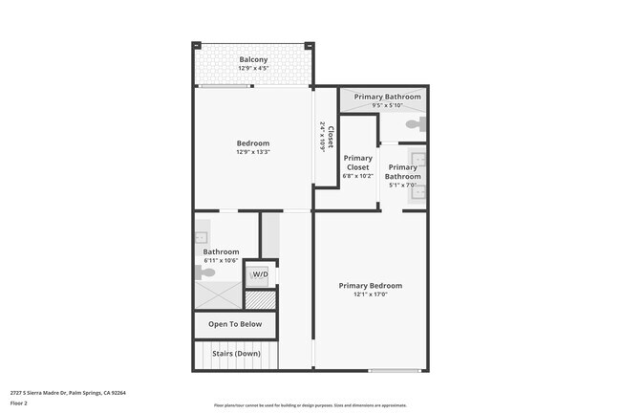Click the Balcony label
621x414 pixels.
tap(253, 59)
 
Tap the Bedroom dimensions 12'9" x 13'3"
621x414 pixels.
tap(253, 152)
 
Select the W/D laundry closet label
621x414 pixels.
tap(260, 275)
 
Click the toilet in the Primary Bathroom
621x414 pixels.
tap(415, 125)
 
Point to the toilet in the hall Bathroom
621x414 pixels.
tap(203, 272)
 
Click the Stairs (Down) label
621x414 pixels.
tap(235, 354)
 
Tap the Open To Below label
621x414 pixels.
tap(235, 324)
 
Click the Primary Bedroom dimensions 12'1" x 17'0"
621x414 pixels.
tap(371, 294)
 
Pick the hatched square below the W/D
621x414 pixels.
tap(260, 299)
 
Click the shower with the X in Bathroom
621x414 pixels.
tap(218, 296)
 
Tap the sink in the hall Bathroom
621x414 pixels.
tap(203, 235)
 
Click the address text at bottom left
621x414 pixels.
tap(68, 392)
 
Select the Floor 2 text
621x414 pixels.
tap(19, 403)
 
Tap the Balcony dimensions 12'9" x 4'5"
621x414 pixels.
tap(253, 69)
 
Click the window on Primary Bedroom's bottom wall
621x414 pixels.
tap(395, 370)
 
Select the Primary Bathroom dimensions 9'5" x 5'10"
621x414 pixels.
tap(388, 105)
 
